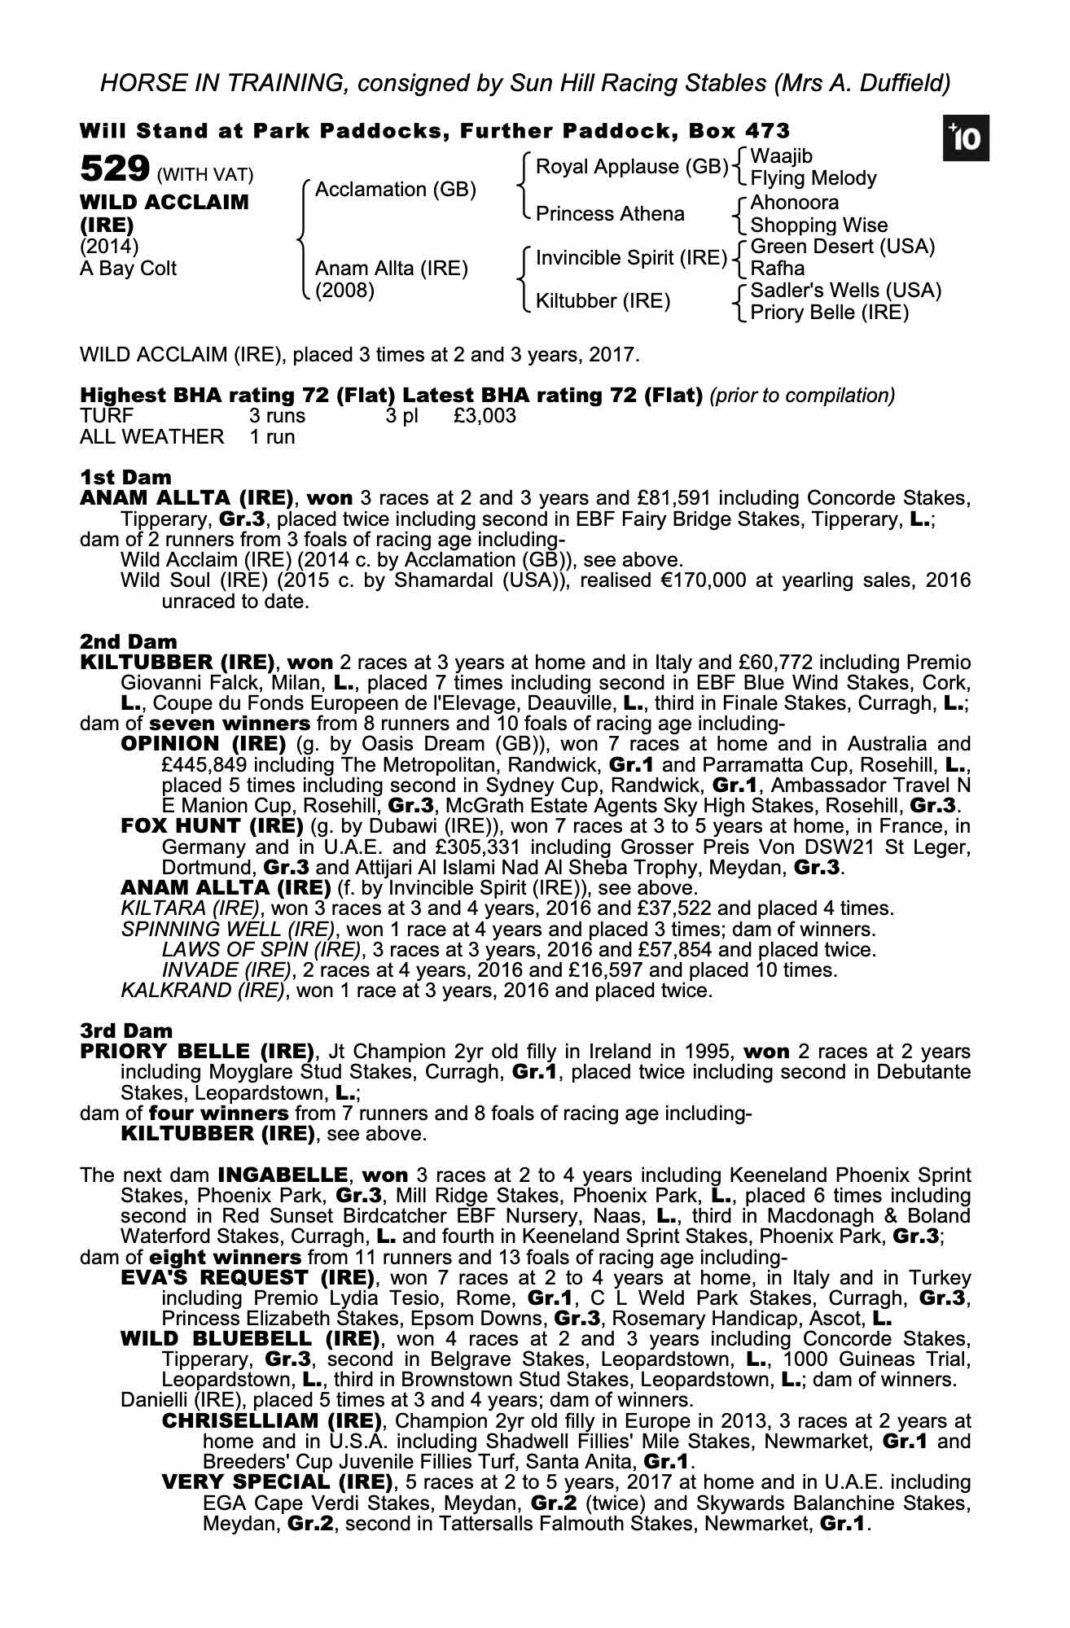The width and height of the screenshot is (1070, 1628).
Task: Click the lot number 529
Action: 114,169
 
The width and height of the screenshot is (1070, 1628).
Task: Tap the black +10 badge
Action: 966,139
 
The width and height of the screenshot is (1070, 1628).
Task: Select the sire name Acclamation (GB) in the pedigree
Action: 395,190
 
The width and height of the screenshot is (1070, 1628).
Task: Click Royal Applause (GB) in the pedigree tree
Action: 632,167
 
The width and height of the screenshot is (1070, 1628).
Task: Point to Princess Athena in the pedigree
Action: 610,214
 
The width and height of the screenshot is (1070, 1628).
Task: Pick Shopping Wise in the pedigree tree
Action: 818,225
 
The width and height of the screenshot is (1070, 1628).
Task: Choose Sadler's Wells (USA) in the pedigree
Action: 845,291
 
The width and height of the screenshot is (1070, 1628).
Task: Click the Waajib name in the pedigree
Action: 781,156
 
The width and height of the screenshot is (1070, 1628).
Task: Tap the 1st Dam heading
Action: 126,477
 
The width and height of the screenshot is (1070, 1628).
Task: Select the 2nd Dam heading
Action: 129,641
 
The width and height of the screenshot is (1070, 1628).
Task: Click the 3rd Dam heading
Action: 127,1031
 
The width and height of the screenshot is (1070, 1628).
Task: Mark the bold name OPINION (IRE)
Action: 204,744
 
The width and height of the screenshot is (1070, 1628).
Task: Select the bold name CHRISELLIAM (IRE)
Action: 272,1421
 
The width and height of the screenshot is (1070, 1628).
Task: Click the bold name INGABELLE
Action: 283,1175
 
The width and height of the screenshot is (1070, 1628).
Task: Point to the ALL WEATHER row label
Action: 151,437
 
